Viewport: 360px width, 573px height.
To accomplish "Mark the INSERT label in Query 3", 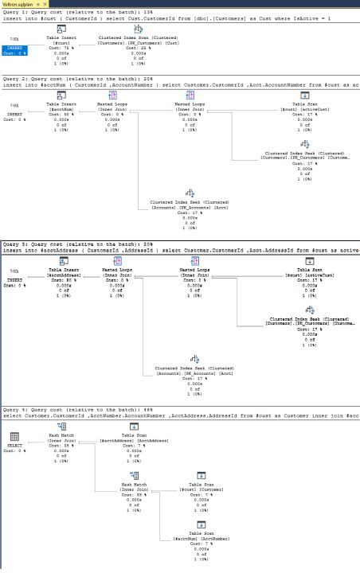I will point(15,279).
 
